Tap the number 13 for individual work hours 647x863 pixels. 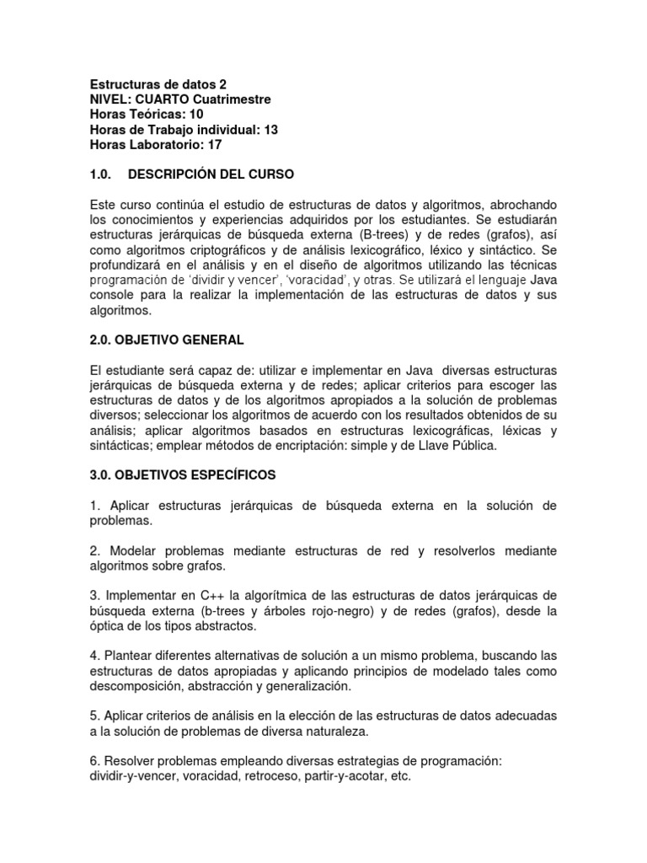pyautogui.click(x=270, y=130)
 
